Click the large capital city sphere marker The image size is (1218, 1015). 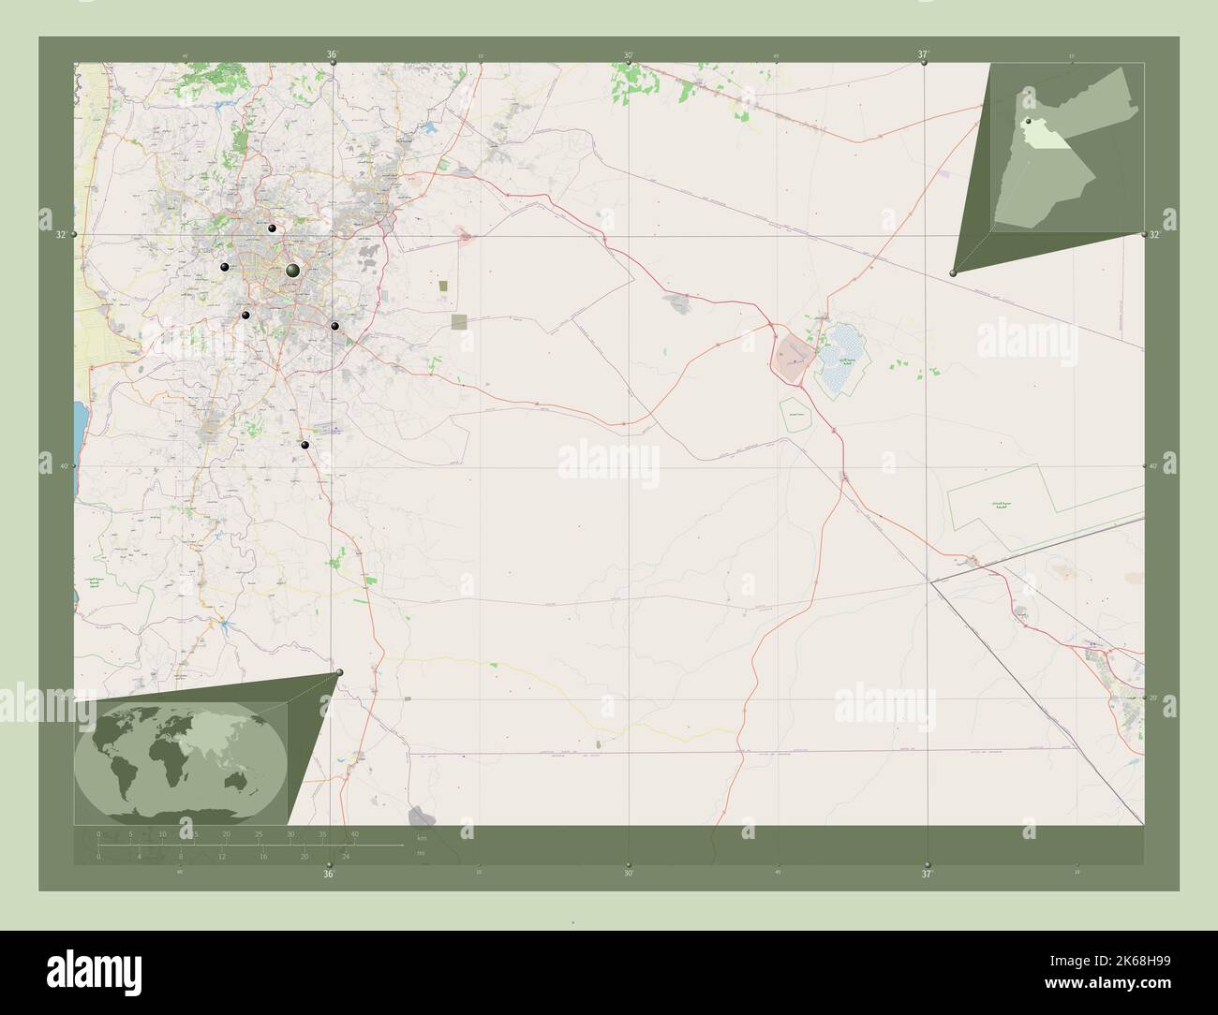(x=292, y=270)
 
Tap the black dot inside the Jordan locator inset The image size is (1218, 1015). (x=1028, y=122)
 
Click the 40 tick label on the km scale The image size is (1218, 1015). (x=354, y=833)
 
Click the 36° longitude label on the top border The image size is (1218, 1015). (x=332, y=55)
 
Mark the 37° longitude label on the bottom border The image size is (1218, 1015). (x=926, y=874)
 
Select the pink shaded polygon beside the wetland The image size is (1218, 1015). (x=794, y=352)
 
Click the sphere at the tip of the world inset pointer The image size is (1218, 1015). (x=339, y=672)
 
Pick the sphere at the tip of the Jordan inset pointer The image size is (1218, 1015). (x=953, y=272)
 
